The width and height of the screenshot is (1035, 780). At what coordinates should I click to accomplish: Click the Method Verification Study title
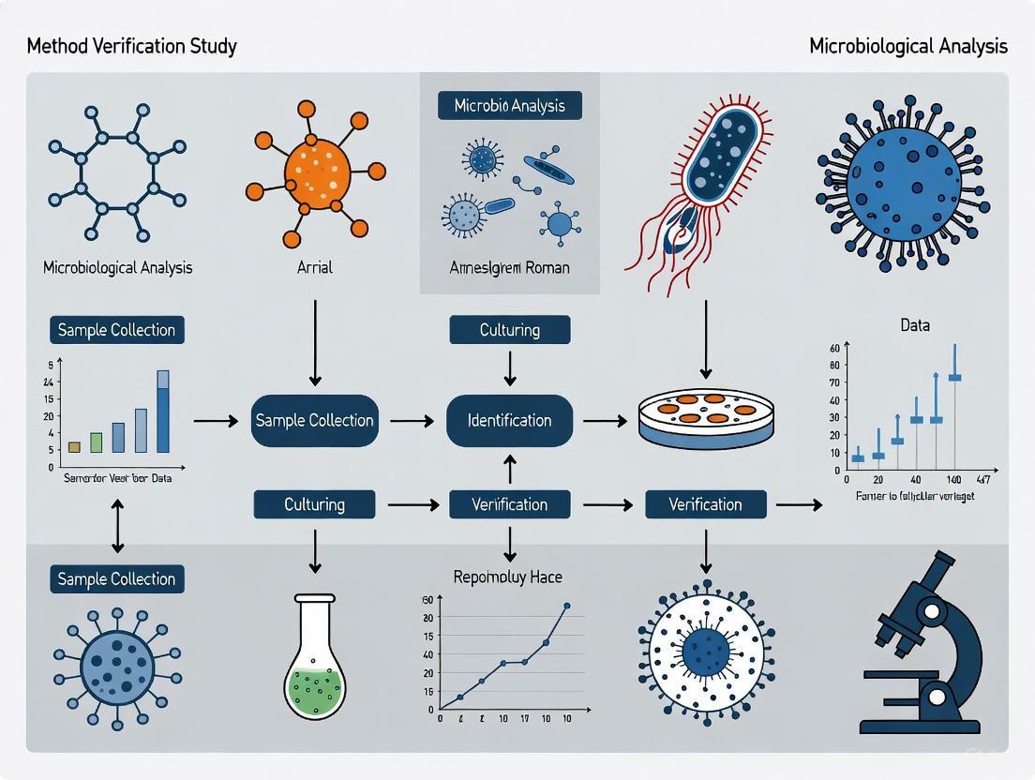[131, 46]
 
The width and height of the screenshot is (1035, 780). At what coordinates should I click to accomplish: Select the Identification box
[509, 420]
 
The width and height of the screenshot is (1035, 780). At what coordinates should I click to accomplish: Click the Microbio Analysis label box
[509, 105]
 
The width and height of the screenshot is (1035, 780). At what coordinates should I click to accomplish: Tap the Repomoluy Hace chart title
[507, 577]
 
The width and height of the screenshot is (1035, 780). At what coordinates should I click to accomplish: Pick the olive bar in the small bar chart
[74, 446]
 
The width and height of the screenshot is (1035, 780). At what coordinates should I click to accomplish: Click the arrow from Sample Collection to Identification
[412, 421]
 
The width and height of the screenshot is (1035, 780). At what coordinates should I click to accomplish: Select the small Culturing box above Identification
[509, 330]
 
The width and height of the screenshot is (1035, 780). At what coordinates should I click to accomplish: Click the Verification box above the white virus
[705, 504]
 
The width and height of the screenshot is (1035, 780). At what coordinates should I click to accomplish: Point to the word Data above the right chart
[915, 325]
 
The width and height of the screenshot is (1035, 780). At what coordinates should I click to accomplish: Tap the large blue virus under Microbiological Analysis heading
[903, 183]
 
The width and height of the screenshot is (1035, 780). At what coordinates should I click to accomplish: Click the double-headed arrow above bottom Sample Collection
[117, 526]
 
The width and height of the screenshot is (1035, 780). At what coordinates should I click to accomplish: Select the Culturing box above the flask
[314, 504]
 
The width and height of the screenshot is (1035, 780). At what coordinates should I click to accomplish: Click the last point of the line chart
[567, 606]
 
